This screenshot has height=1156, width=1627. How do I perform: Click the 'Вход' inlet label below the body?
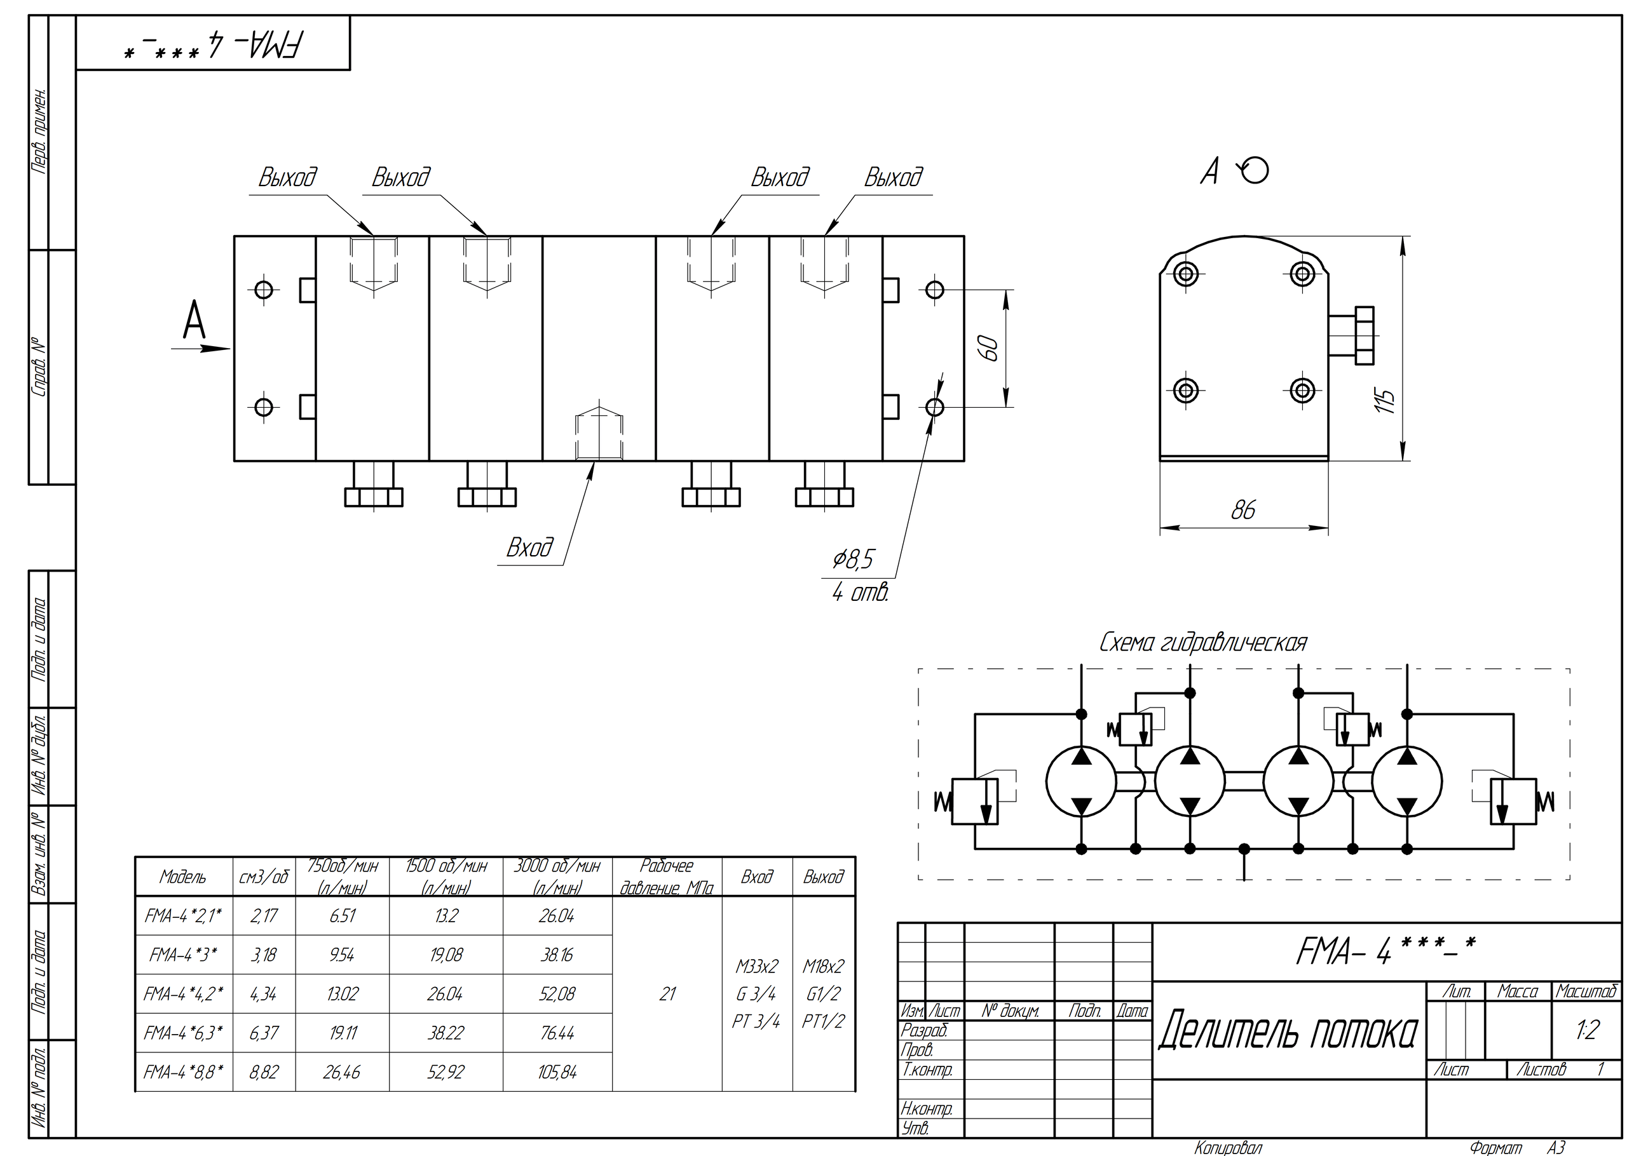click(x=529, y=548)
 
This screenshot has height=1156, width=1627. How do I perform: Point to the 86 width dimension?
click(x=1243, y=509)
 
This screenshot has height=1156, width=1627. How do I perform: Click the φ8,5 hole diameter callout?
click(x=853, y=560)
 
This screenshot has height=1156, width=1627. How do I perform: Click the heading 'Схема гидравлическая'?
click(x=1203, y=643)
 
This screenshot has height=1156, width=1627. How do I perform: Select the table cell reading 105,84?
click(x=557, y=1072)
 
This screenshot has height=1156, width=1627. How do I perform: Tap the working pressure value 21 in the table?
click(x=667, y=993)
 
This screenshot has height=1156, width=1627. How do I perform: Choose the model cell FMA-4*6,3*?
click(x=183, y=1033)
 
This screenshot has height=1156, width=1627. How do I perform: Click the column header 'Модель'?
click(x=183, y=877)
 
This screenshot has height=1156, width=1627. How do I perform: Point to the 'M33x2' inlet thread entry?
click(x=757, y=967)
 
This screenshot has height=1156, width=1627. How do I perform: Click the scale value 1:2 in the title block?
click(x=1587, y=1030)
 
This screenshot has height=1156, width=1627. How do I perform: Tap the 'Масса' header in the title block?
click(x=1517, y=991)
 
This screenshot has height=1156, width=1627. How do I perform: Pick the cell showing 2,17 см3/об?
click(x=264, y=916)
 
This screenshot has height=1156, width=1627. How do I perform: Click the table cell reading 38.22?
click(x=446, y=1033)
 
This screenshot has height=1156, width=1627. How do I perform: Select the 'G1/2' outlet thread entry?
click(x=823, y=993)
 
